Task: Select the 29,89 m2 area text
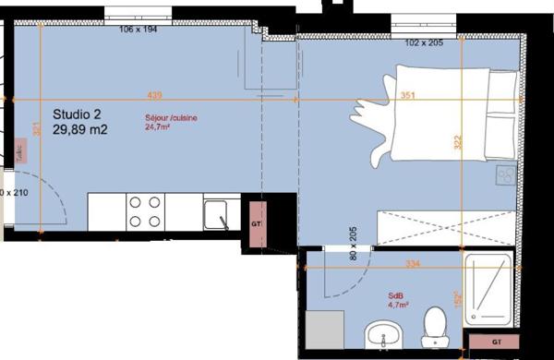point(80,130)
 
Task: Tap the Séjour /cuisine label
point(171,119)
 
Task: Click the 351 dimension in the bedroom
point(407,95)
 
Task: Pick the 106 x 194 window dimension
point(139,30)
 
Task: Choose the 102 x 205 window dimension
point(426,42)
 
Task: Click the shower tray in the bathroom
point(486,289)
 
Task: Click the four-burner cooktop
point(145,210)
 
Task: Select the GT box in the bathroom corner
point(488,343)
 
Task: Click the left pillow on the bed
point(503,84)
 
